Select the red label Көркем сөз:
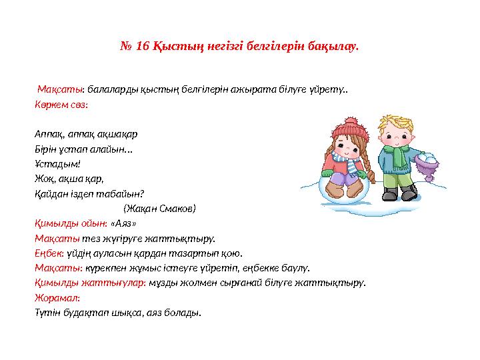pyautogui.click(x=61, y=105)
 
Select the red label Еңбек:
pyautogui.click(x=49, y=253)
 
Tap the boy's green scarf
pyautogui.click(x=398, y=155)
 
